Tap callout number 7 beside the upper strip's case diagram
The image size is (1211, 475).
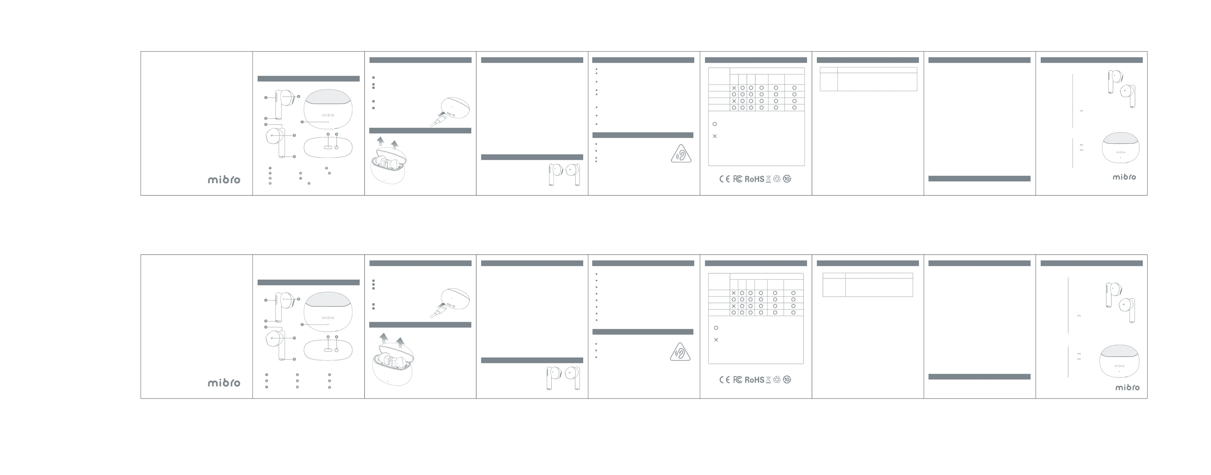point(302,122)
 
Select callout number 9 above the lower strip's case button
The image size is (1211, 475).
point(337,337)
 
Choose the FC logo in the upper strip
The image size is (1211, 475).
point(738,179)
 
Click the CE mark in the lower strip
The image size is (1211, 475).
point(725,380)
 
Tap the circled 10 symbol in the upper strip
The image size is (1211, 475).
point(787,179)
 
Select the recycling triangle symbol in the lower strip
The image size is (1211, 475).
point(777,380)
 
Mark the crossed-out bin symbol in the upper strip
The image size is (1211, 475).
point(768,179)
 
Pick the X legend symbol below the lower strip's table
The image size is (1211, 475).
point(716,340)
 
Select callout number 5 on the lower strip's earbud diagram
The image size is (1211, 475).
point(294,338)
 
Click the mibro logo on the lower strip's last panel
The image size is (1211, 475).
point(1127,388)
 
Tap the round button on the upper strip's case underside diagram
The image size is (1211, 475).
point(337,147)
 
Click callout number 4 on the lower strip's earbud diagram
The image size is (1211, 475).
point(299,299)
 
